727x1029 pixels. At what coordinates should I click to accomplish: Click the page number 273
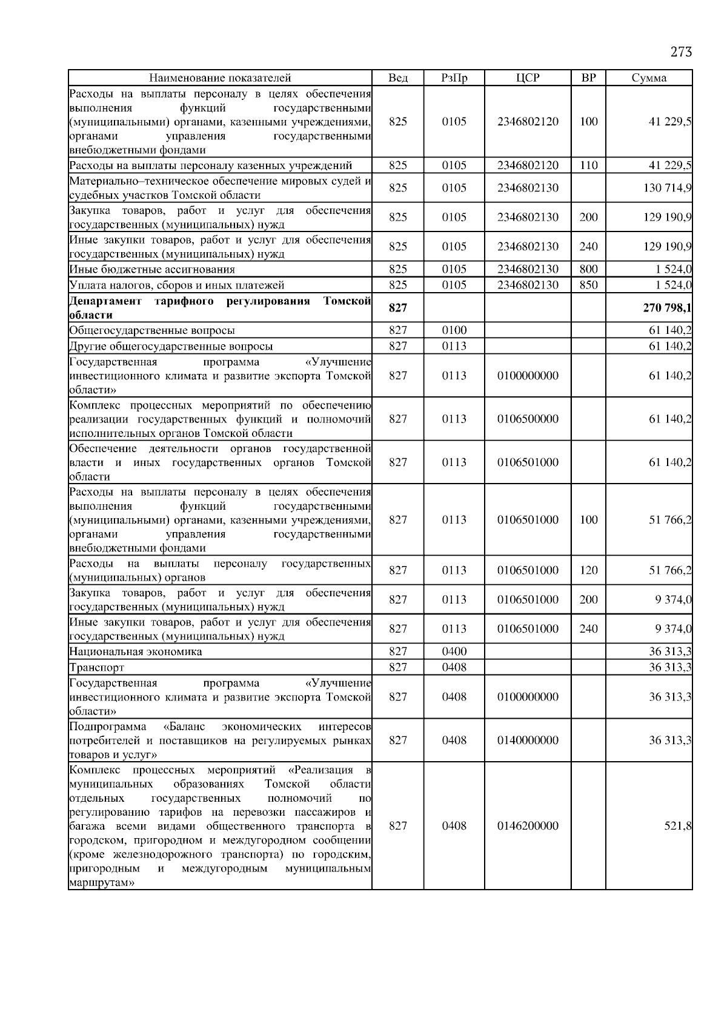[x=681, y=52]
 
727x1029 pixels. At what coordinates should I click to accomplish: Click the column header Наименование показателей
[x=220, y=78]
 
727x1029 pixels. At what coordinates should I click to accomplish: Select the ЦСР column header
[x=528, y=78]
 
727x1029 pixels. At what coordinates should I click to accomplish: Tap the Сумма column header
[x=649, y=78]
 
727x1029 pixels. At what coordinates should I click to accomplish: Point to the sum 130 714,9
[x=667, y=188]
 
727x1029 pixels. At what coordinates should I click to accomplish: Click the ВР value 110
[x=588, y=165]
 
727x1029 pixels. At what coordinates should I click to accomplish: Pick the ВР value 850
[x=588, y=285]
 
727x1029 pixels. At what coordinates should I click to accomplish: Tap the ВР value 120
[x=588, y=570]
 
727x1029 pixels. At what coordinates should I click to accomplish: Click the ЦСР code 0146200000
[x=528, y=826]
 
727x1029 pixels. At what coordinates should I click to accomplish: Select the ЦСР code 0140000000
[x=528, y=741]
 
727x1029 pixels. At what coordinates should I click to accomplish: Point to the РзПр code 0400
[x=454, y=652]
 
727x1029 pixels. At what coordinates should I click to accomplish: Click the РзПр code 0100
[x=454, y=331]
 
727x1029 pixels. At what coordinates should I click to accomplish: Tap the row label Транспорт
[x=97, y=668]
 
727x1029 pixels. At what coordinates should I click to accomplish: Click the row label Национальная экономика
[x=136, y=652]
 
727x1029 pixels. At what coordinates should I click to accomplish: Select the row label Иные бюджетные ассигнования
[x=152, y=270]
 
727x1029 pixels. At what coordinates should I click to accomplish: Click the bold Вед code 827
[x=397, y=308]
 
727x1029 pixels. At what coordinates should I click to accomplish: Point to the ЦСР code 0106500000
[x=528, y=419]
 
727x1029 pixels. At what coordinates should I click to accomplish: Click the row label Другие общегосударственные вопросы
[x=171, y=347]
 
